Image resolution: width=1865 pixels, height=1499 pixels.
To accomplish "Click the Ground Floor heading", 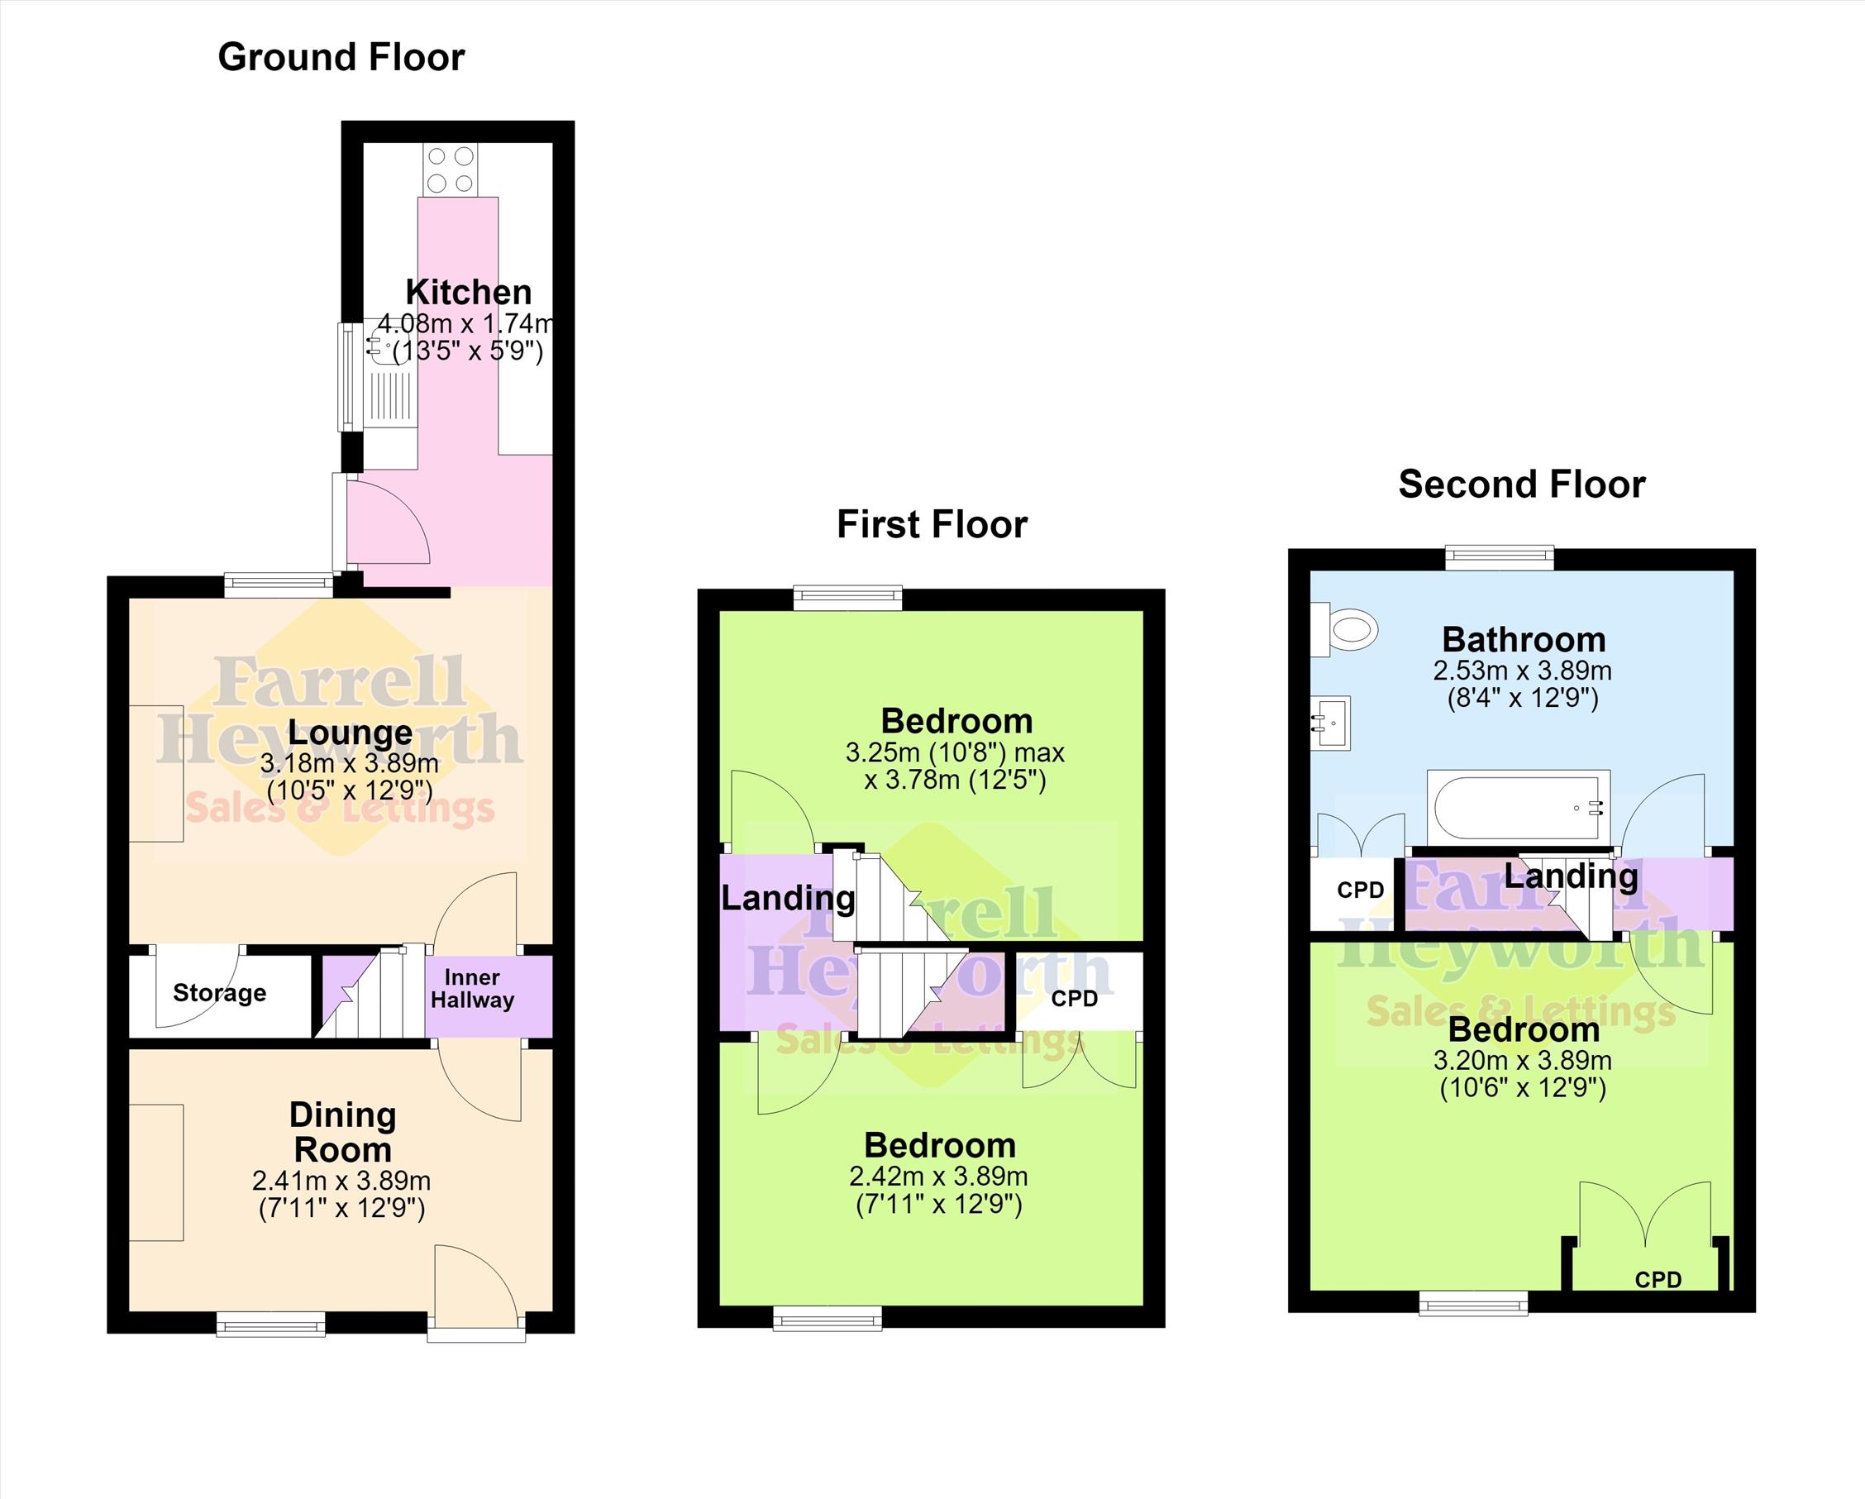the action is point(341,57).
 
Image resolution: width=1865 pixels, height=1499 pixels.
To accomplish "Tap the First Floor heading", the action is point(932,524).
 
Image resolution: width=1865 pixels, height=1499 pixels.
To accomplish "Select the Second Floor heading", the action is point(1522,484).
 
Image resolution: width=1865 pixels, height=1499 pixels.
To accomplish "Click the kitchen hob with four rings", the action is point(450,169).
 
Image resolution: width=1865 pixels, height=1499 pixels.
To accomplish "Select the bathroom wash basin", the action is point(1330,721).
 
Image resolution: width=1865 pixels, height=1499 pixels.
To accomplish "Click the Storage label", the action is point(220,992).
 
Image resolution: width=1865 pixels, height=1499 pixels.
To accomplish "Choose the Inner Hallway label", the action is point(472,989).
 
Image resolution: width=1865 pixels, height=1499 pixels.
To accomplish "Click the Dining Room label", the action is point(342,1132).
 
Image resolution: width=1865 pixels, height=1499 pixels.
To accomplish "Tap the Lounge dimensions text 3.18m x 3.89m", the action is point(350,764).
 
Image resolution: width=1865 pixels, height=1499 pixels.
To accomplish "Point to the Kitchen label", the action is point(468,293).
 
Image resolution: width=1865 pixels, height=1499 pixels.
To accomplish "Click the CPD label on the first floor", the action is point(1075,998).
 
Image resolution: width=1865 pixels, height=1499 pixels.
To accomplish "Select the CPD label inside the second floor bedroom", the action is point(1658,1279).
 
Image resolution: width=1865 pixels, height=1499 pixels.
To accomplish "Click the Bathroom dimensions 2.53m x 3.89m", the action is point(1523,671).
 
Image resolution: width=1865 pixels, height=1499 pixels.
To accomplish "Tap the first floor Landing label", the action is point(788,899).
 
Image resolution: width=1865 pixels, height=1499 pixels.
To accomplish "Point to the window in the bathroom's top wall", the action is point(1499,558).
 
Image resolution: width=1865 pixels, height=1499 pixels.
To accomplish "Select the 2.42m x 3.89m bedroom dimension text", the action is point(938,1177).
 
